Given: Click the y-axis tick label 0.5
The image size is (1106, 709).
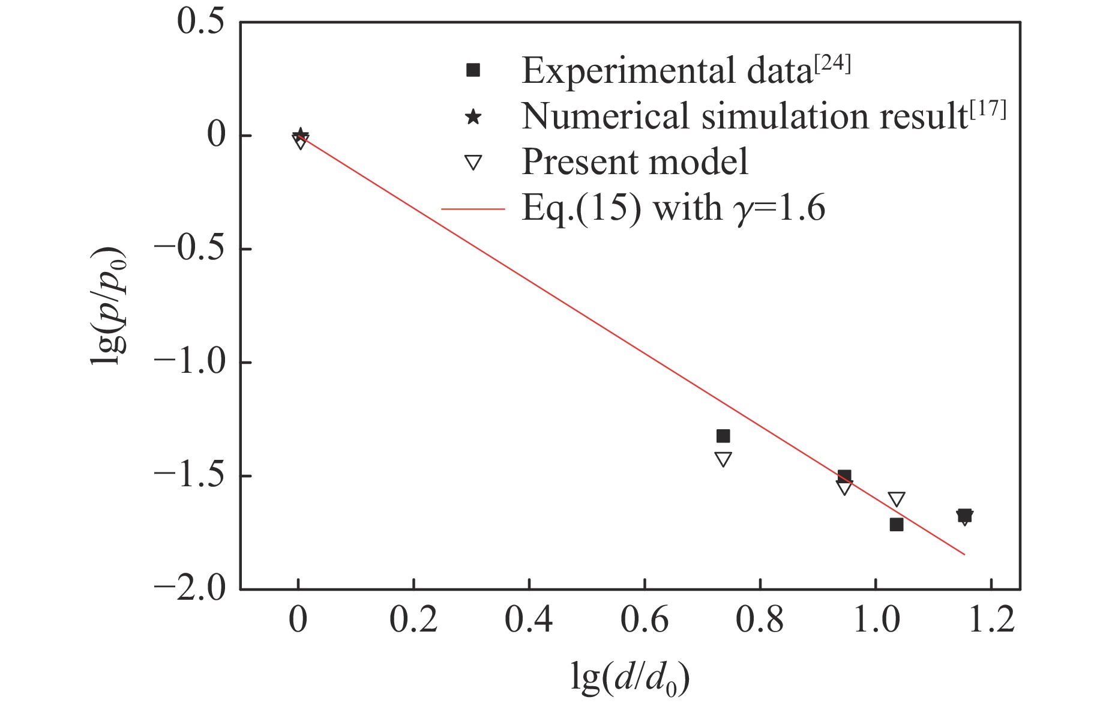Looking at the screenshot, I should coord(200,22).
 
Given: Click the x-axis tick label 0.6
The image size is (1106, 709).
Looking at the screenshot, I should coord(644,621).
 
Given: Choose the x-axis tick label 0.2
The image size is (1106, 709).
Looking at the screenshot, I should coord(413,621).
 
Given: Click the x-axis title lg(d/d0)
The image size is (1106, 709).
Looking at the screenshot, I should coord(630,680).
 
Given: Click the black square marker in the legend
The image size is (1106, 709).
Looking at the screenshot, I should coord(473,71).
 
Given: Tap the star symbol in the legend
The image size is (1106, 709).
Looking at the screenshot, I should coord(473,116).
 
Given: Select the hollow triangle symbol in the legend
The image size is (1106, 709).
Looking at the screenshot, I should coord(473,163).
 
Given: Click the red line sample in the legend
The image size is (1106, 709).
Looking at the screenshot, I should coord(473,209).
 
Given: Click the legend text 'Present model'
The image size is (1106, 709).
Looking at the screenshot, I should coord(635,162).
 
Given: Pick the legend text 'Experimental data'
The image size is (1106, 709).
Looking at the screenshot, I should coord(666,71).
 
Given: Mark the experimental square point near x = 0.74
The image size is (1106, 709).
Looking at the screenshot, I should coord(723,436).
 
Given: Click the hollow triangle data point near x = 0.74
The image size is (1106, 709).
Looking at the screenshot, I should coord(723,459).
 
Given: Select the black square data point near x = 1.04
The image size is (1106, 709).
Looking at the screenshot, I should coord(897,524).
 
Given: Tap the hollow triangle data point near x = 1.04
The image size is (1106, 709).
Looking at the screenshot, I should coord(897,499).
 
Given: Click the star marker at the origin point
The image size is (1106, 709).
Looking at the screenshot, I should coord(301,135).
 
